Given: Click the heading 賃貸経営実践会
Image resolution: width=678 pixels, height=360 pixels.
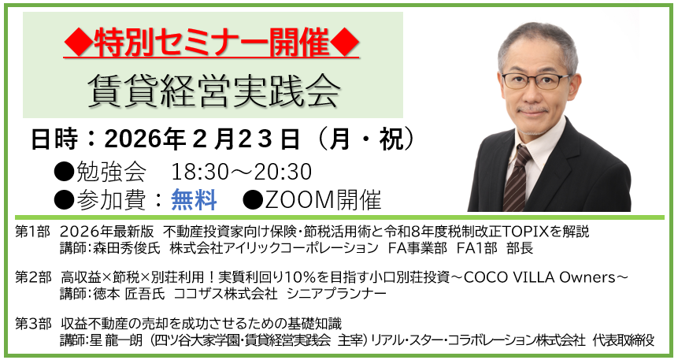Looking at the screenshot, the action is pos(214,91).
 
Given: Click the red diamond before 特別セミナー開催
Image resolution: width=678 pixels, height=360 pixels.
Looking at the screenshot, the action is pos(78,43).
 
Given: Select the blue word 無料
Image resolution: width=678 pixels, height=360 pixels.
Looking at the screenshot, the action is pos(194,200).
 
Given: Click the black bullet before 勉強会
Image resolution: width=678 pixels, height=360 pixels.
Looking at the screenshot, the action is pos(65,173).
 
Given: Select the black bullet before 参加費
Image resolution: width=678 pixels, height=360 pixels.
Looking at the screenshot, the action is pos(65,200).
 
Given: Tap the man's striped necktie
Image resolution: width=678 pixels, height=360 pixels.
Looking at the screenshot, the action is pos(518,178).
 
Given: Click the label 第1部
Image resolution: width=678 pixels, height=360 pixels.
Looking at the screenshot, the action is pos(33,232).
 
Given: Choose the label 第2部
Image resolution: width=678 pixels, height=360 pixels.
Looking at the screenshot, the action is pos(33,277).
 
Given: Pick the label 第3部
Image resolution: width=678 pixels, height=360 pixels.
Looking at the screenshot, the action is pos(33,324).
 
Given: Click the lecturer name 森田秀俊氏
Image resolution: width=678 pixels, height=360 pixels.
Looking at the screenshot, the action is pos(127,248).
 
